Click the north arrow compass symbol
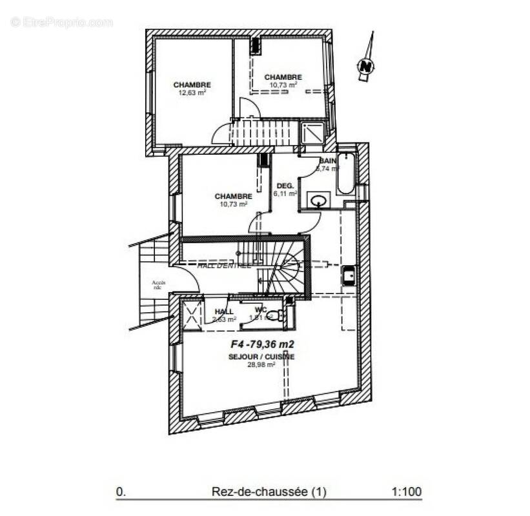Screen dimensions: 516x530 pos(366,64)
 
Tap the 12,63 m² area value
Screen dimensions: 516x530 pos(192,92)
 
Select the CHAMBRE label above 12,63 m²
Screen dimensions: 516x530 pos(192,84)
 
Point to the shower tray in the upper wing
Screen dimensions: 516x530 pos(312,134)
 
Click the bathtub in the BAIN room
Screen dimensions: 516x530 pos(345,173)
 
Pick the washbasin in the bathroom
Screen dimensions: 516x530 pos(318,201)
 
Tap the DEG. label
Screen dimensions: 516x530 pos(285,186)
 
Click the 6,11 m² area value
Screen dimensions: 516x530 pos(285,193)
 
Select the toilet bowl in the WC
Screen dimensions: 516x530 pos(276,315)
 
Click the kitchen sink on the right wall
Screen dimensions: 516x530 pos(349,276)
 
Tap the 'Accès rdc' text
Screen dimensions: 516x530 pos(159,285)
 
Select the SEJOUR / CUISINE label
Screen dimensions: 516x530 pos(261,357)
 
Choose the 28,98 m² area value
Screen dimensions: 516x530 pos(261,364)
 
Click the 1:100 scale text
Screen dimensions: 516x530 pos(406,492)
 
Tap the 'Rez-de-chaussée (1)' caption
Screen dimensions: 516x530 pos(269,492)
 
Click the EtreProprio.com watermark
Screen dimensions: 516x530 pos(61,22)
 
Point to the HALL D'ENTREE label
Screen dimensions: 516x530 pos(224,265)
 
